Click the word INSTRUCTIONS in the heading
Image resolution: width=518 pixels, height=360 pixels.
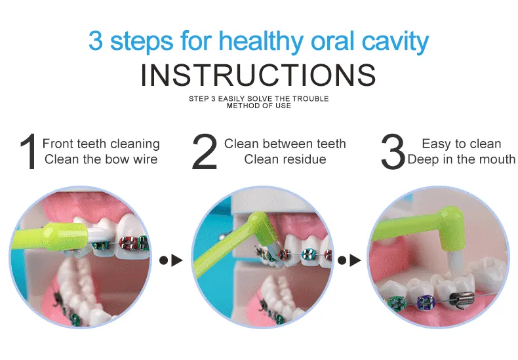(258, 75)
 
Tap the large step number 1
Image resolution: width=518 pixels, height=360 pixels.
(28, 151)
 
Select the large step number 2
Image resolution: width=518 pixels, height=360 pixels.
(205, 151)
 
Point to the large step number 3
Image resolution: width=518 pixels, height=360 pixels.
(393, 151)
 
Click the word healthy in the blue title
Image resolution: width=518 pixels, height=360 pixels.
(261, 41)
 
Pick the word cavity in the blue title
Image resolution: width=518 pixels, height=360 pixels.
(395, 41)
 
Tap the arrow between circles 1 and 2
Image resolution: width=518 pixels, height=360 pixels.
(171, 260)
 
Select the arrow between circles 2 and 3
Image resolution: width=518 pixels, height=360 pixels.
(349, 260)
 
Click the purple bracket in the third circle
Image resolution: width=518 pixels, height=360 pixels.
(424, 302)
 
